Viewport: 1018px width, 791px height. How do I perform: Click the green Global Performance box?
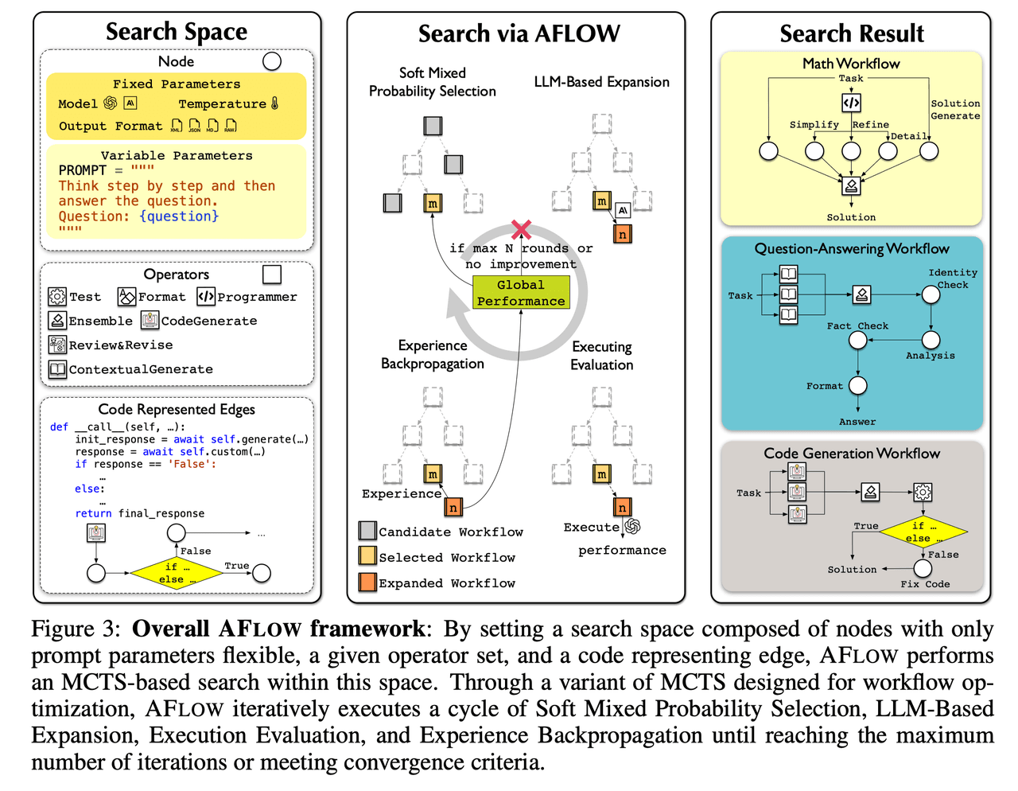520,292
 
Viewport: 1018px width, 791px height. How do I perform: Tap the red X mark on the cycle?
520,229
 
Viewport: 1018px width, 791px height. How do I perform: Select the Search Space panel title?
176,32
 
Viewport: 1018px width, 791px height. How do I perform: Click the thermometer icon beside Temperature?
274,103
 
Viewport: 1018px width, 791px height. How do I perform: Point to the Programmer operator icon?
206,296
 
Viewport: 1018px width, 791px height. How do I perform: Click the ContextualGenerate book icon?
57,368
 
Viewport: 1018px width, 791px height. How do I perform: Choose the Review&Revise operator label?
121,345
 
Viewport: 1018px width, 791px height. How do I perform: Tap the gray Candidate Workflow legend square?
367,530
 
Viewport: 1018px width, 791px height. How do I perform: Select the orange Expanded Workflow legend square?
367,582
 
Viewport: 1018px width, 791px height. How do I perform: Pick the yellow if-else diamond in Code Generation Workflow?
923,532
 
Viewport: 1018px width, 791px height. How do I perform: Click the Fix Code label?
924,583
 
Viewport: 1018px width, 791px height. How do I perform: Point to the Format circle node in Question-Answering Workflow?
857,385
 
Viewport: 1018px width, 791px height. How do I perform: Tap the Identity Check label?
953,279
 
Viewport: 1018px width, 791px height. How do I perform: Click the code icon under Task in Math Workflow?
851,103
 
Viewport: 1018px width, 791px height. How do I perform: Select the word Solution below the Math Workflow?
851,217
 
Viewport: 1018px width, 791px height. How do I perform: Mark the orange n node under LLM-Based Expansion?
622,234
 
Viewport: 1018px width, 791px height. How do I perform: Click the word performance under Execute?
622,550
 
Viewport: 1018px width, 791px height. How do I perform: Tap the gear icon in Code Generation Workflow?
923,492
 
